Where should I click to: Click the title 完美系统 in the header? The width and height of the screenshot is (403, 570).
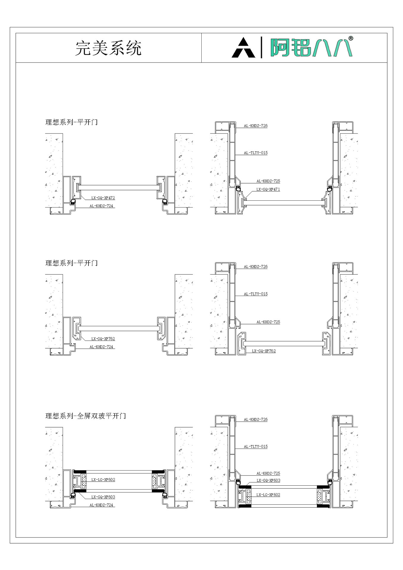tap(108, 48)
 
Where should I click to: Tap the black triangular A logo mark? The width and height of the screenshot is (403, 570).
tap(243, 48)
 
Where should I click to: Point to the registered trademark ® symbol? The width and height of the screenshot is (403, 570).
tap(350, 38)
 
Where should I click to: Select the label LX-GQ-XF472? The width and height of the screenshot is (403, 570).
tap(103, 198)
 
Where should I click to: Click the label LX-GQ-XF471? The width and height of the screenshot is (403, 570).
tap(268, 189)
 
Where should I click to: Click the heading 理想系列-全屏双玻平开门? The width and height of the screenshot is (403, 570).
tap(86, 416)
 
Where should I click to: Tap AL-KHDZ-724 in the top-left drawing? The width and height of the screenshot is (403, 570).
tap(101, 206)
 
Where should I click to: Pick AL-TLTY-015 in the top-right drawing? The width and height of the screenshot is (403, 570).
tap(255, 153)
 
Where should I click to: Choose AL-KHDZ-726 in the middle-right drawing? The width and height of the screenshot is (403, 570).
tap(255, 267)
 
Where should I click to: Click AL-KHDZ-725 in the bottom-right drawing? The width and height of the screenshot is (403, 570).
tap(268, 474)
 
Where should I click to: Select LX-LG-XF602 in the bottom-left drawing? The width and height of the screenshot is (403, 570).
tap(103, 479)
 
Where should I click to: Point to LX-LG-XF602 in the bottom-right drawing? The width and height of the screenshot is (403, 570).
tap(268, 495)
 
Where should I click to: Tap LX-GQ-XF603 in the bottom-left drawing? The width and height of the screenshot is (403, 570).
tap(103, 497)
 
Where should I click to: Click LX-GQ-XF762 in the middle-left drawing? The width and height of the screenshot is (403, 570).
tap(103, 339)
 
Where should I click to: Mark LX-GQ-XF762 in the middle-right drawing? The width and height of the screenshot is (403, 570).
tap(264, 351)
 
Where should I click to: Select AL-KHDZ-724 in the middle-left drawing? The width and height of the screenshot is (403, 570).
tap(101, 347)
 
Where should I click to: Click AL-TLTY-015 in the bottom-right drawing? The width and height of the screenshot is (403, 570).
tap(255, 446)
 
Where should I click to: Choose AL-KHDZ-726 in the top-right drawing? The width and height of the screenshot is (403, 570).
tap(255, 126)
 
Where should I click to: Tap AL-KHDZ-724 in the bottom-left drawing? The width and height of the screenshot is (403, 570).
tap(101, 505)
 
